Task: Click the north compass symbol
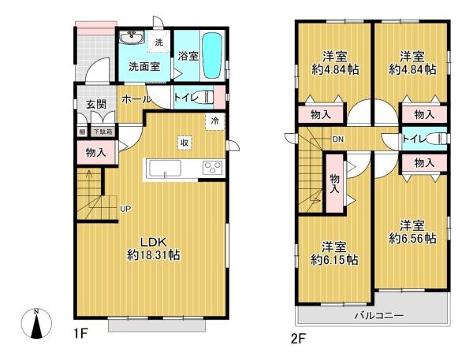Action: (x=36, y=322)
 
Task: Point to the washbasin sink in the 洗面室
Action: (x=130, y=39)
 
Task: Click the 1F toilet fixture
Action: (x=204, y=98)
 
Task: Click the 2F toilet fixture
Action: (x=434, y=139)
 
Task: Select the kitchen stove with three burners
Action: (x=211, y=167)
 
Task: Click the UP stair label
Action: (x=125, y=209)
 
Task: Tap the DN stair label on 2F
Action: (x=338, y=139)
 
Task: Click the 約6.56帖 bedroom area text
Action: (x=412, y=239)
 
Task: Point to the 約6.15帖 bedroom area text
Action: (x=334, y=259)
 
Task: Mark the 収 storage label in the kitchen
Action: (x=184, y=143)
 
